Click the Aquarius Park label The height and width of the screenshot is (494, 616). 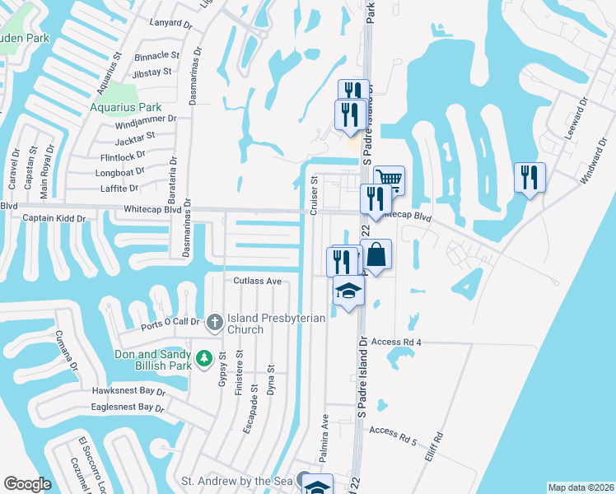[x=126, y=107]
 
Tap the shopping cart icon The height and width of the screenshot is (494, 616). [x=390, y=179]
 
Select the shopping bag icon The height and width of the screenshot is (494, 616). [x=376, y=255]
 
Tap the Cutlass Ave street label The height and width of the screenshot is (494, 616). [x=257, y=281]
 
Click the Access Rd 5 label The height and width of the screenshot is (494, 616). [x=393, y=431]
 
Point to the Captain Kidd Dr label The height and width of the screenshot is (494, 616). [x=54, y=218]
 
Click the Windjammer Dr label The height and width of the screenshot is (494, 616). [x=146, y=119]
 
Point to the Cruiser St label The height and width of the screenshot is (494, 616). [x=314, y=196]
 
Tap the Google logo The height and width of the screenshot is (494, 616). [x=27, y=484]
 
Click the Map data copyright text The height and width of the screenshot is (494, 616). [x=581, y=487]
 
